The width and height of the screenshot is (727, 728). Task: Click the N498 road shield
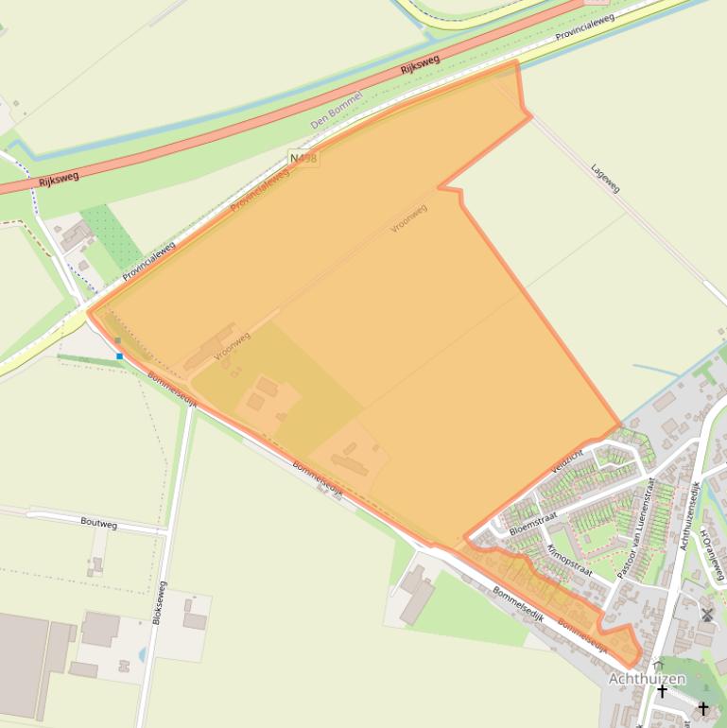[303, 158]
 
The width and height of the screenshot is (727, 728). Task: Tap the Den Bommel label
[337, 111]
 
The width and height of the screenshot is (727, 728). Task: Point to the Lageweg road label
[605, 178]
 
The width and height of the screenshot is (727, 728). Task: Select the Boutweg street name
[99, 522]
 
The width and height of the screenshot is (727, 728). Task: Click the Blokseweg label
[161, 602]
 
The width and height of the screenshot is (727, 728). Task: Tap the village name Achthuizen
[647, 679]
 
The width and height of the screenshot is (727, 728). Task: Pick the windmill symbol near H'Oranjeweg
[706, 615]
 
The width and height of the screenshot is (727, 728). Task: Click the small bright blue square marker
[120, 355]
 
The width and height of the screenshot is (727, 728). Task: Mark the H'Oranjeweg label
[712, 554]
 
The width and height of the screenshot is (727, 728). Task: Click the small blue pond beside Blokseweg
[142, 652]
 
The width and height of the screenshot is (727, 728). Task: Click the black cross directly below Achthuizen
[662, 692]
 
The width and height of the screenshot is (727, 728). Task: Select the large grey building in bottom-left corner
[26, 662]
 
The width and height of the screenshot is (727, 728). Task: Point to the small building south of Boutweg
[96, 565]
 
